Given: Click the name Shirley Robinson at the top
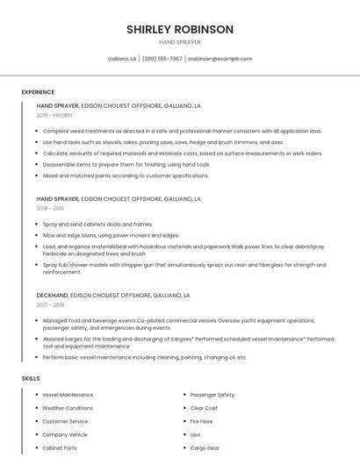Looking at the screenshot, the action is (x=180, y=29).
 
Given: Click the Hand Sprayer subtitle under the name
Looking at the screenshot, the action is (x=180, y=42).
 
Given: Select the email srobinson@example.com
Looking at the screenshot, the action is (x=220, y=59).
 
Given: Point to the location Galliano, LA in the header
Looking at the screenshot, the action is (x=122, y=59).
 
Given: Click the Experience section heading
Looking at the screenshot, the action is (x=38, y=92).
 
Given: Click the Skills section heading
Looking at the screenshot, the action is (x=31, y=378).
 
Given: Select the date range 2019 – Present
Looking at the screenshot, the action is (x=54, y=115).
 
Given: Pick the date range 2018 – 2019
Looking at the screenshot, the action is (x=50, y=209).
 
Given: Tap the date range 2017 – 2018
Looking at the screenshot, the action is (x=50, y=304).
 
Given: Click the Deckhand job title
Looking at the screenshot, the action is (x=52, y=296).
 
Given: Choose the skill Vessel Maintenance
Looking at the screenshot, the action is (x=68, y=395).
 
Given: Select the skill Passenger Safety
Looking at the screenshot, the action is (x=212, y=395).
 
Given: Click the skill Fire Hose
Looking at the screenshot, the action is (x=202, y=421).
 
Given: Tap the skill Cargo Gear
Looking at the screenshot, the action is (x=205, y=447).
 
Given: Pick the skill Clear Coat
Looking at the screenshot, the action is (x=205, y=408).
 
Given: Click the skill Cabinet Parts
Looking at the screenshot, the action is (x=60, y=447).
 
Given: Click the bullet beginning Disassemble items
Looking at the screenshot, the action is (x=126, y=164).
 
